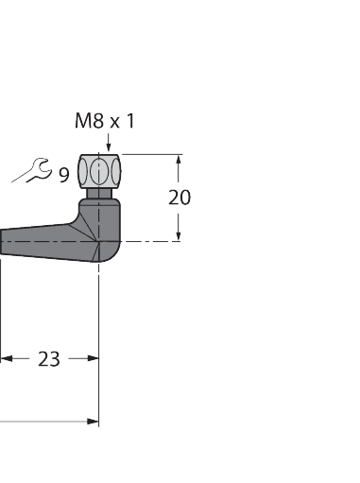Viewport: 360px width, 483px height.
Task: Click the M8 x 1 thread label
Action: [105, 121]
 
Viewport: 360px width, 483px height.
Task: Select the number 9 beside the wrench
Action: [63, 174]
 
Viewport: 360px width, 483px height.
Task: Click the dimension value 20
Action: [179, 198]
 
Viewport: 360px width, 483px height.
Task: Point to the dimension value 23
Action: [48, 359]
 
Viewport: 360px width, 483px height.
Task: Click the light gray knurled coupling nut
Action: [100, 171]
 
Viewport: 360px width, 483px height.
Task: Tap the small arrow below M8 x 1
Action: [110, 145]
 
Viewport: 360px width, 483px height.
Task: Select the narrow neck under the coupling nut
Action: [99, 195]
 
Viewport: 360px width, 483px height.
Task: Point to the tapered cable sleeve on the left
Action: [38, 241]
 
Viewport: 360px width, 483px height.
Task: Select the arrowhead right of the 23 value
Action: [92, 358]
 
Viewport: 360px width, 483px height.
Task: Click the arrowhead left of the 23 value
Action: [7, 358]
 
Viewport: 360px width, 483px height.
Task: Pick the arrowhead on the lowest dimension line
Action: [92, 422]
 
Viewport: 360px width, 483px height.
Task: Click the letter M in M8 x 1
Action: [82, 121]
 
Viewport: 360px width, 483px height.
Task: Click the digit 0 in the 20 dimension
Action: [184, 198]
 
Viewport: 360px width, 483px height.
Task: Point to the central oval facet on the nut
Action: [100, 171]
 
